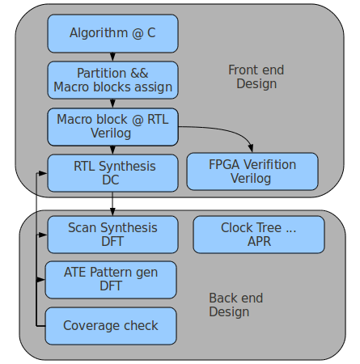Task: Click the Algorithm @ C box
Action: (112, 33)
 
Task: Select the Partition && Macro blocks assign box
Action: (112, 79)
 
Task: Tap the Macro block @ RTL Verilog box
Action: (112, 126)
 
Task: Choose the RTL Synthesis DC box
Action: (112, 173)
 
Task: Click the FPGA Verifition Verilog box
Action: (252, 171)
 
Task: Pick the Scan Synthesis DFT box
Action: (112, 235)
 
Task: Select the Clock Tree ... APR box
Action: (258, 235)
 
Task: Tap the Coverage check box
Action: (111, 326)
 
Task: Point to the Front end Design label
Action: (255, 77)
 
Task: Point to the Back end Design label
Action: (235, 305)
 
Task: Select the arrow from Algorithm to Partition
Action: (112, 57)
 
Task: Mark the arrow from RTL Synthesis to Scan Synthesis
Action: (112, 204)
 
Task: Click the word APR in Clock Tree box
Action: (259, 242)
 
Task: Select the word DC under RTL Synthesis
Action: (112, 180)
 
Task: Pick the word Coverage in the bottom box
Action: (91, 326)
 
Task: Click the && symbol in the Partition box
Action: (139, 73)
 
